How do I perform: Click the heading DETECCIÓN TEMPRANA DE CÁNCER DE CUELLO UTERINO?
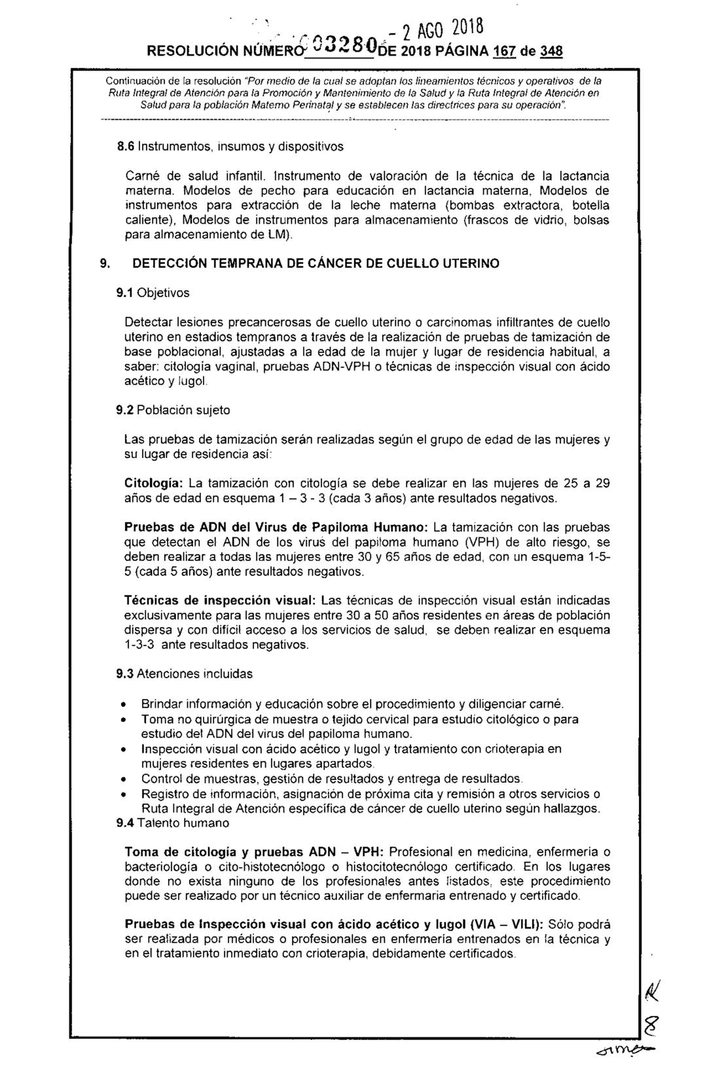pyautogui.click(x=316, y=263)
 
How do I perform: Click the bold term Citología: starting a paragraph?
pyautogui.click(x=154, y=484)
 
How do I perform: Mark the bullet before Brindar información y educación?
pyautogui.click(x=124, y=704)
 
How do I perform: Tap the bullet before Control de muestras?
pyautogui.click(x=124, y=779)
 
